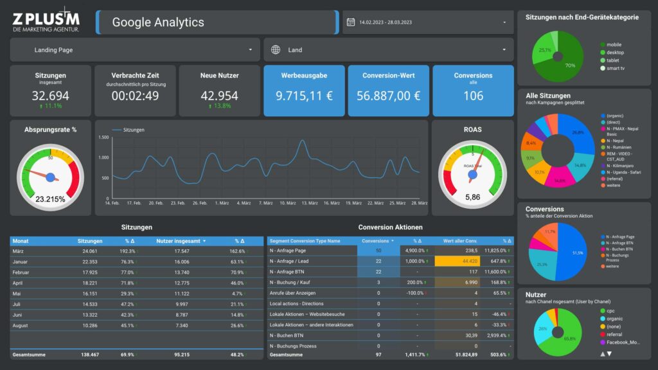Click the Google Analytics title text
157,22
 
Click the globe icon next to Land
276,49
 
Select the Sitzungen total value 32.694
50,96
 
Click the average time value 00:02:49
135,96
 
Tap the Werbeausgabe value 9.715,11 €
304,96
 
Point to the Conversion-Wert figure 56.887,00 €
389,96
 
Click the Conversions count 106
473,96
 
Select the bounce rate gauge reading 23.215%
50,199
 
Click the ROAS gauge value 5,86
472,197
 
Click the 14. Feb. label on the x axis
112,203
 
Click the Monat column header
21,241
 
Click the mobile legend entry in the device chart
614,44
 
